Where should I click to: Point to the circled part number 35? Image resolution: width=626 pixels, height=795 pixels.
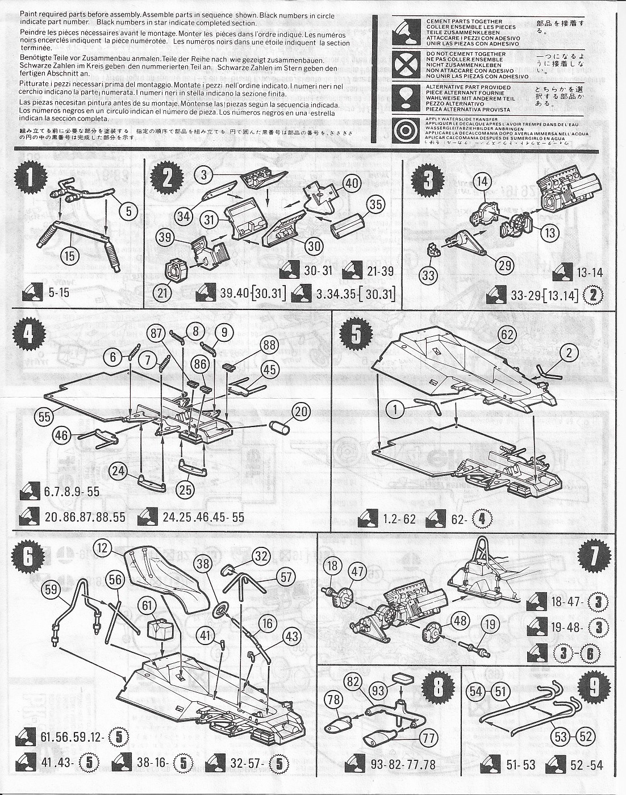(x=374, y=204)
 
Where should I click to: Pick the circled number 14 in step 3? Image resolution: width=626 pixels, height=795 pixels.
(x=482, y=198)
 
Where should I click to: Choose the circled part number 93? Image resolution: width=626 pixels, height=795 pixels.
(x=377, y=691)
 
